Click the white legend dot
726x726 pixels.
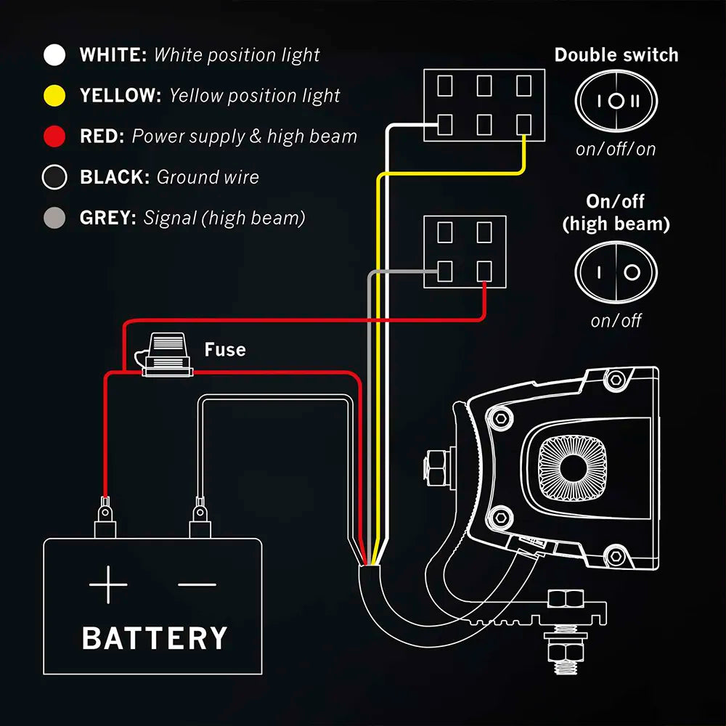[x=54, y=54]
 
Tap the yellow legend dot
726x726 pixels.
[x=54, y=95]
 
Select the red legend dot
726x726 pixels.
[x=54, y=136]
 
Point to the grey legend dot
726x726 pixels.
[x=54, y=218]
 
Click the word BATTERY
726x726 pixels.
[x=155, y=639]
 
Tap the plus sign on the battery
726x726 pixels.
[x=108, y=583]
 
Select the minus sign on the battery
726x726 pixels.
[x=197, y=584]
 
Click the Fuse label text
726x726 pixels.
[x=225, y=350]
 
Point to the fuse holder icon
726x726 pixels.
[x=168, y=356]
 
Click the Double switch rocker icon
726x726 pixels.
[x=616, y=102]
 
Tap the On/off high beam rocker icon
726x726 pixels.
[x=616, y=272]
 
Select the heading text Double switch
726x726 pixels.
[x=616, y=55]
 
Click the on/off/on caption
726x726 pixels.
[x=616, y=150]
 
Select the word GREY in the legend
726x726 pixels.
[x=108, y=218]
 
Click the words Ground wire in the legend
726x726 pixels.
[x=208, y=177]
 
